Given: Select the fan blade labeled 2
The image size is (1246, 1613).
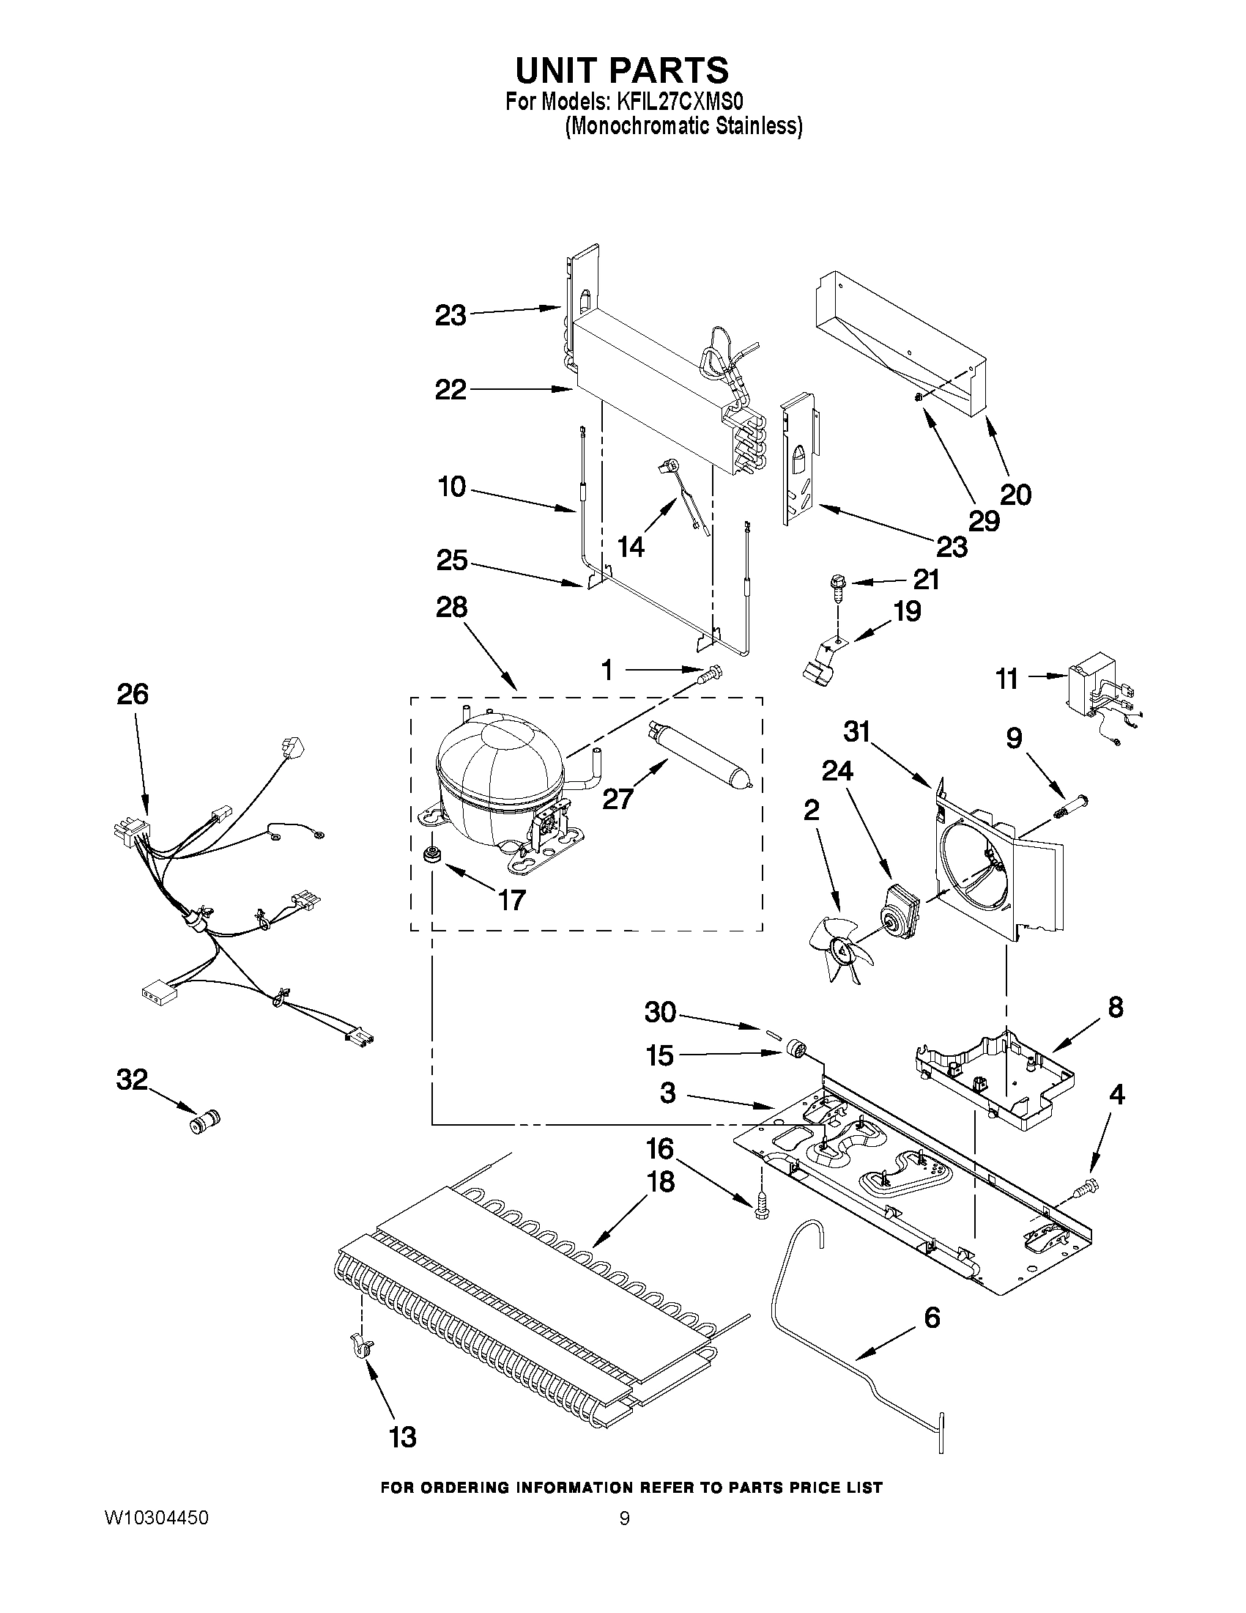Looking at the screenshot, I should (x=839, y=953).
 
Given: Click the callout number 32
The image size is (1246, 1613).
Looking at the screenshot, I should (x=132, y=1079).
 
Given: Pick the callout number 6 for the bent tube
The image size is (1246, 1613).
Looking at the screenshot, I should (x=932, y=1317).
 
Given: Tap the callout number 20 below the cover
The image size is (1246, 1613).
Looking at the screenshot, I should (x=1015, y=494).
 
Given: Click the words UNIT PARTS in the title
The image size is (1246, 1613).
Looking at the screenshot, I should (x=621, y=70).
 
